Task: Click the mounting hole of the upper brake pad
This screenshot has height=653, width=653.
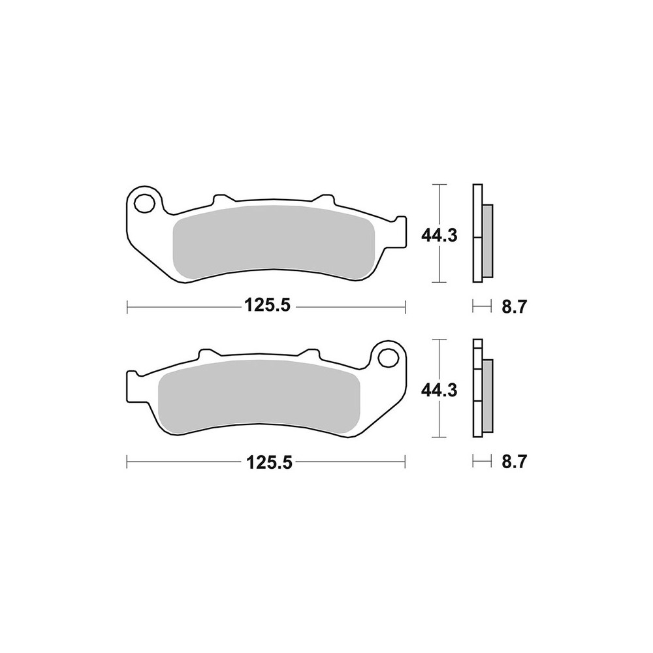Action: tap(144, 202)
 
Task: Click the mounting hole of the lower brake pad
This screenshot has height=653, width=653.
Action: tap(388, 358)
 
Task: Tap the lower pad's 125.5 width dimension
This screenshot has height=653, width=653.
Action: tap(270, 462)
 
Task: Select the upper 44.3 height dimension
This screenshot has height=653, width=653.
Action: tap(439, 236)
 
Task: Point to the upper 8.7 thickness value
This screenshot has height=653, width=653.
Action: tap(515, 307)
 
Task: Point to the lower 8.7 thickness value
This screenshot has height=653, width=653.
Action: tap(515, 462)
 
